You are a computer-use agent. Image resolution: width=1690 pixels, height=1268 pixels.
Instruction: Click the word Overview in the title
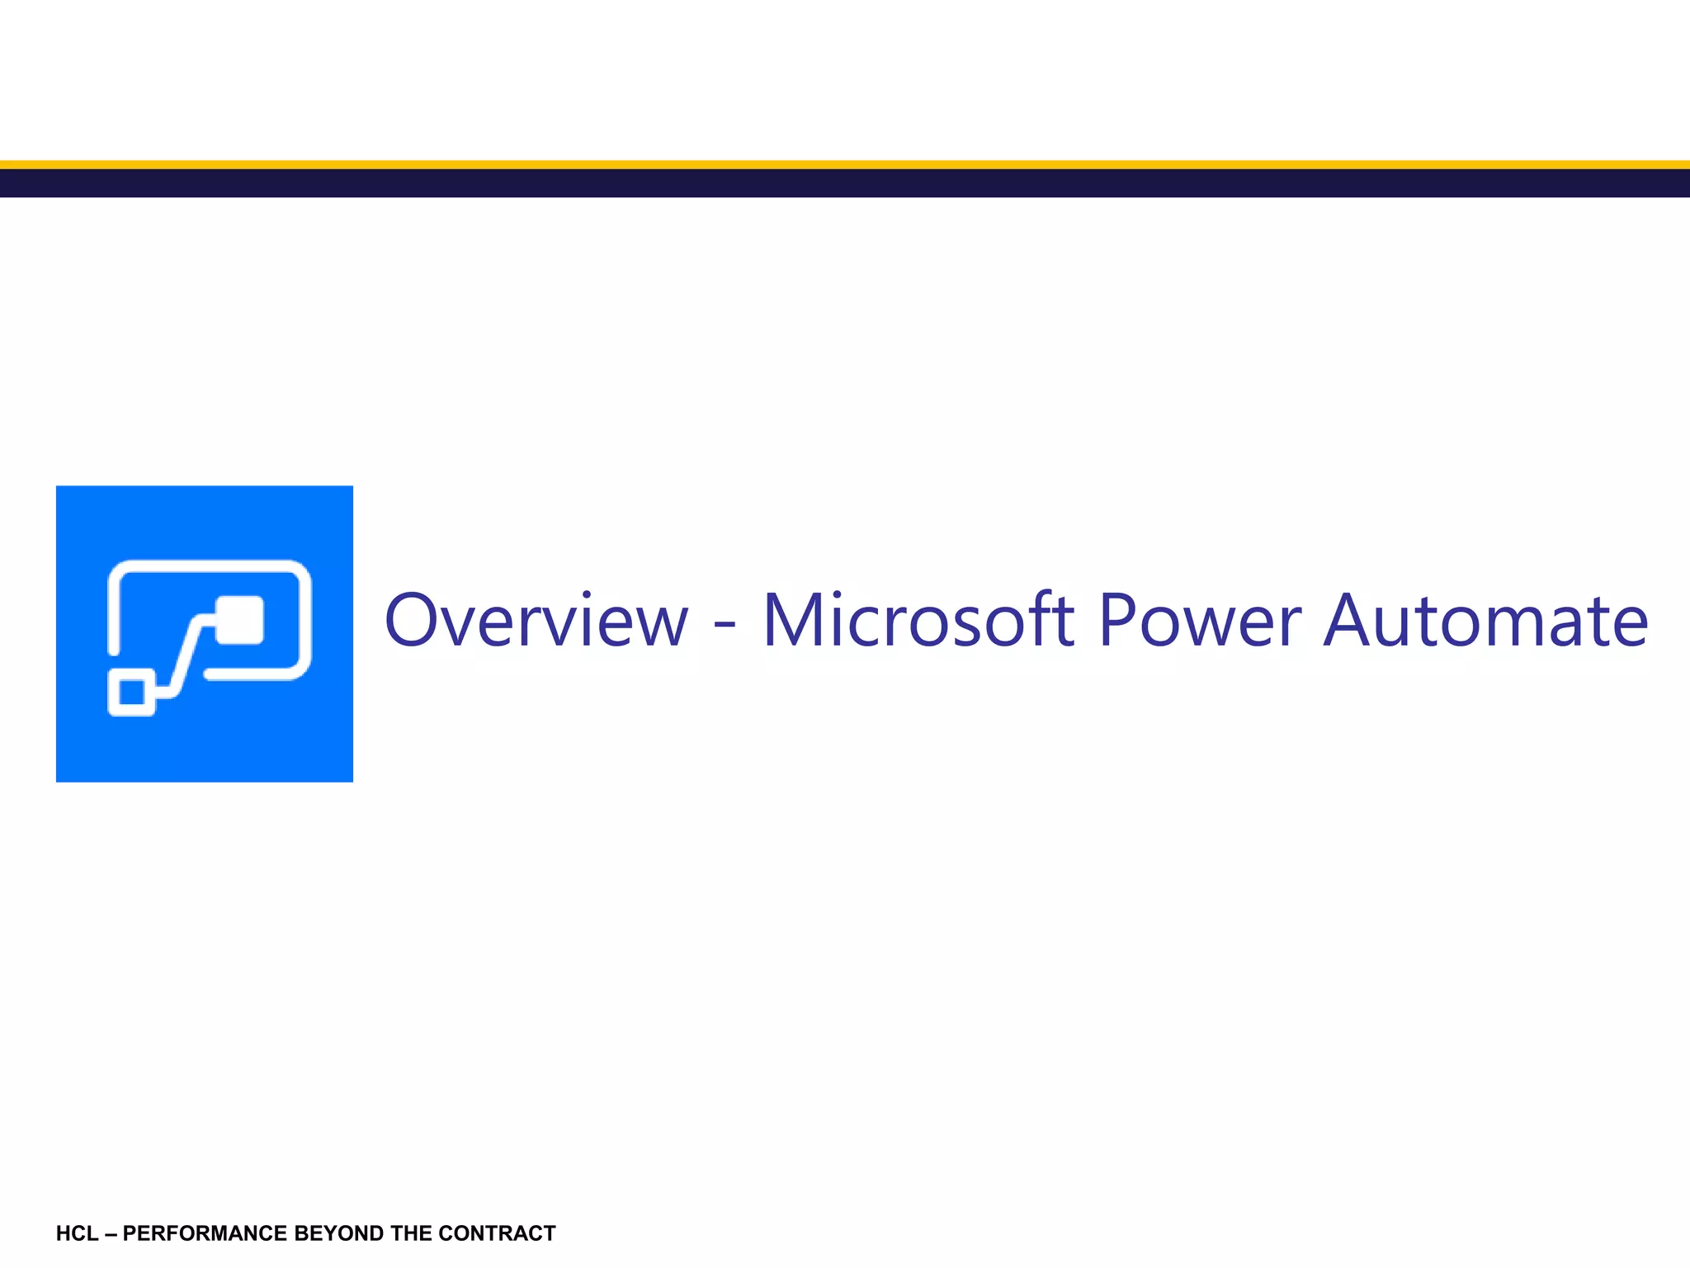coord(536,620)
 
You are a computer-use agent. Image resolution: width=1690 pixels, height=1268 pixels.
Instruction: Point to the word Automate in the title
coord(1485,620)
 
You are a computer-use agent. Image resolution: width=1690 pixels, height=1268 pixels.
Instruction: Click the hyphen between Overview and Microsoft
coord(725,628)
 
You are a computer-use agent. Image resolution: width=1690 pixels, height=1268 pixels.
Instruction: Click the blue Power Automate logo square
coord(204,743)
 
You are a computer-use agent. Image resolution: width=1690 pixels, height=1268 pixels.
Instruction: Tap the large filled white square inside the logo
coord(239,619)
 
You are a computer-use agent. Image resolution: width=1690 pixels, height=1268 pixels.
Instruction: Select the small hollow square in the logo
coord(132,692)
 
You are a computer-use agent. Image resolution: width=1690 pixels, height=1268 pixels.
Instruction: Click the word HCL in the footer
coord(77,1233)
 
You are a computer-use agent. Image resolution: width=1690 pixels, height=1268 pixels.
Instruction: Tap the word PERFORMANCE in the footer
coord(205,1233)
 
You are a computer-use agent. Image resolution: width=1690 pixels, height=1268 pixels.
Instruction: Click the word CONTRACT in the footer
coord(497,1233)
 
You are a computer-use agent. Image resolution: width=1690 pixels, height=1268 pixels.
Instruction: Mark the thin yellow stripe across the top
coord(845,164)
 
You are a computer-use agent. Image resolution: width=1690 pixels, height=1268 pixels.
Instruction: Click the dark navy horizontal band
coord(845,183)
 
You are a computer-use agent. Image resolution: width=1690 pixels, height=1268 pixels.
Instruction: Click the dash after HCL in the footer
coord(111,1233)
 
